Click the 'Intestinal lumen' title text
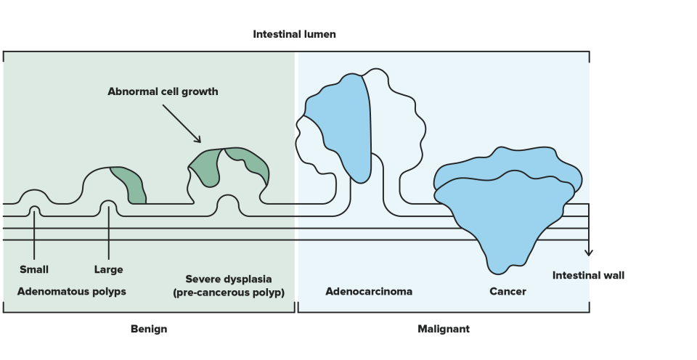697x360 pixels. coord(294,34)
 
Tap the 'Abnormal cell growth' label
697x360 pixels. coord(163,91)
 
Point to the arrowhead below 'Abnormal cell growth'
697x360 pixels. coord(197,139)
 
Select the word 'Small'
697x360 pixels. coord(34,269)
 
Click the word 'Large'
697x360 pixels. coord(108,269)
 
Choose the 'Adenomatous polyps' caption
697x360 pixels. coord(72,292)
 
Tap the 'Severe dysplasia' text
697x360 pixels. coord(229,279)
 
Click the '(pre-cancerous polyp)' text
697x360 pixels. coord(229,293)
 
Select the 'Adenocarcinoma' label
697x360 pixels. coord(369,292)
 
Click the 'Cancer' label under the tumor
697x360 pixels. coord(508,292)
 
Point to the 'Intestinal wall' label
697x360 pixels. coord(588,276)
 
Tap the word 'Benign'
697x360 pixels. coord(149,329)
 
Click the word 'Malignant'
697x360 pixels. coord(443,329)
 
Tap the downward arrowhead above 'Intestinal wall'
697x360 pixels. coord(589,253)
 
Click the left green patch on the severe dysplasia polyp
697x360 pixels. coord(205,168)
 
